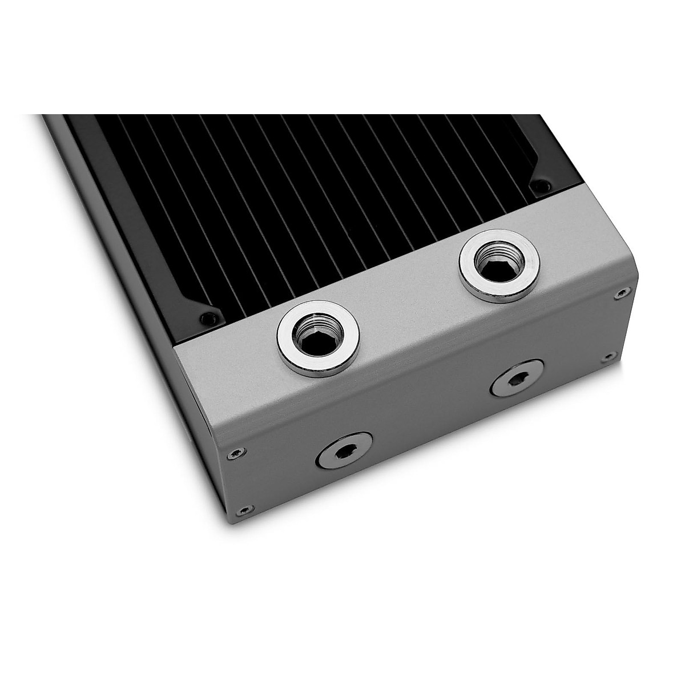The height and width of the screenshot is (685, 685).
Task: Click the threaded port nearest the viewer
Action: coord(318,337)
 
